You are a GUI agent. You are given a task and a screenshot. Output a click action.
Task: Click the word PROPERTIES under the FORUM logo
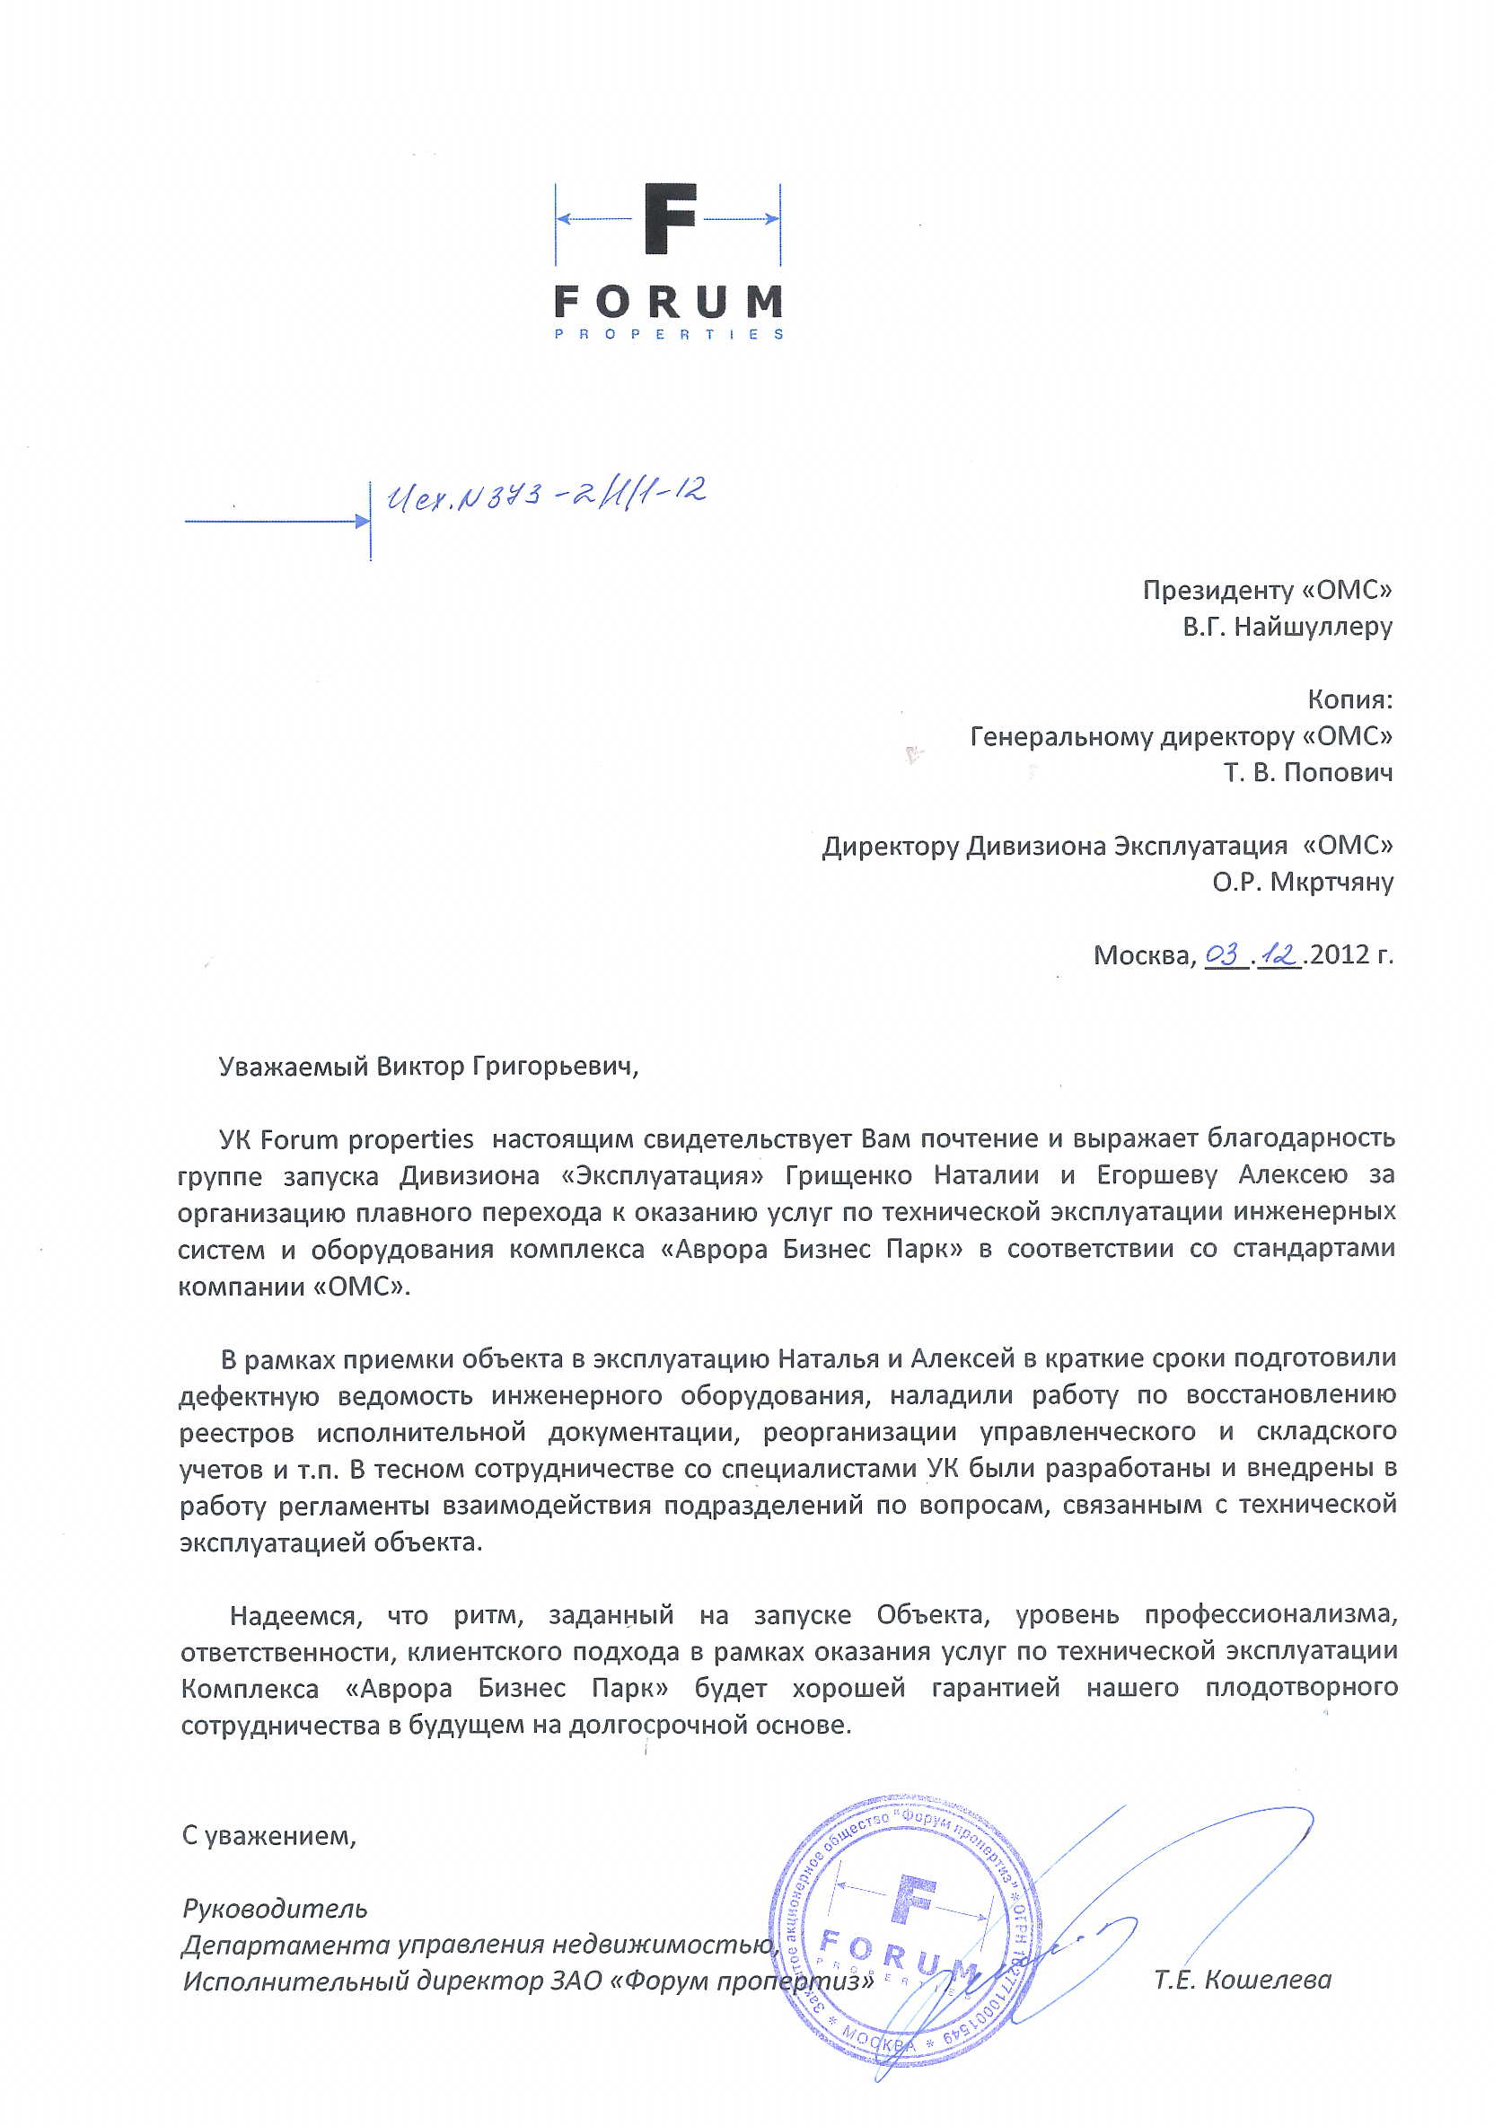(669, 334)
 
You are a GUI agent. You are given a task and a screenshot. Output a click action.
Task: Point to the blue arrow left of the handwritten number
(277, 522)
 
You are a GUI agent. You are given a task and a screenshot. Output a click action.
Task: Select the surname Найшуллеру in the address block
(1314, 627)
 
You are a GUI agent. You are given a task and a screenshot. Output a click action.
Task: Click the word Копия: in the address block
(1349, 699)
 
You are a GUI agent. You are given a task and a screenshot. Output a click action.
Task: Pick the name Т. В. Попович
(1308, 772)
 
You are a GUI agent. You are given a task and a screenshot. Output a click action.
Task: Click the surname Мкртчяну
(1331, 882)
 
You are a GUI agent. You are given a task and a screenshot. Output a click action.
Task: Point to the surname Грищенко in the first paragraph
(848, 1176)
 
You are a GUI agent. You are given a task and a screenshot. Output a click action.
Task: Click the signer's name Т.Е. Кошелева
(1242, 1980)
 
